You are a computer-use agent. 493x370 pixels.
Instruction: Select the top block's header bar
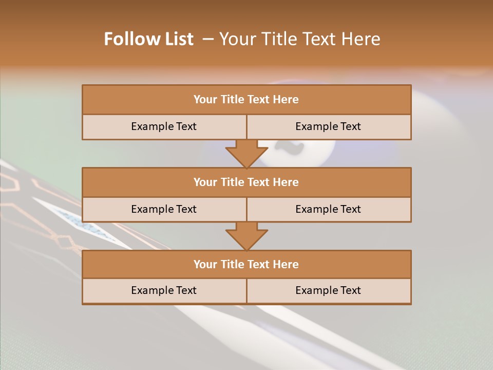click(x=246, y=100)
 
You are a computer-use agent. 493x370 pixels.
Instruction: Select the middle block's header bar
click(x=246, y=182)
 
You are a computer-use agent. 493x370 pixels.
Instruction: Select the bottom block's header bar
click(x=246, y=265)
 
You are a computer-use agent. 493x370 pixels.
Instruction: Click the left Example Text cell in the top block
click(x=164, y=126)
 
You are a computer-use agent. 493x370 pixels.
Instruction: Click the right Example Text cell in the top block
click(x=328, y=126)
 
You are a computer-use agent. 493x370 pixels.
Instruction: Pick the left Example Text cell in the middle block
click(x=164, y=209)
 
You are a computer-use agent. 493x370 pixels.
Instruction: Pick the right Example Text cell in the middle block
click(x=328, y=209)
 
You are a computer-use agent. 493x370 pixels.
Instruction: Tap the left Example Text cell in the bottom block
click(x=164, y=290)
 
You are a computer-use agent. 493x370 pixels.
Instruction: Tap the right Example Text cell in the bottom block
click(x=328, y=290)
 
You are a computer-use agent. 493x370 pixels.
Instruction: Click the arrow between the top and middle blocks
click(x=246, y=153)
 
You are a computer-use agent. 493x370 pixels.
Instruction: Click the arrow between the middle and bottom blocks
click(x=246, y=236)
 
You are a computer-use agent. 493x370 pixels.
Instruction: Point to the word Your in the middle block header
click(x=205, y=182)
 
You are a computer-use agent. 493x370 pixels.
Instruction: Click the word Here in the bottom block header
click(x=286, y=265)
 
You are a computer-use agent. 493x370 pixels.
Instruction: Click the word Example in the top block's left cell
click(x=151, y=126)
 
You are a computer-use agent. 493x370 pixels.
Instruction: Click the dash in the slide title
click(x=208, y=39)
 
